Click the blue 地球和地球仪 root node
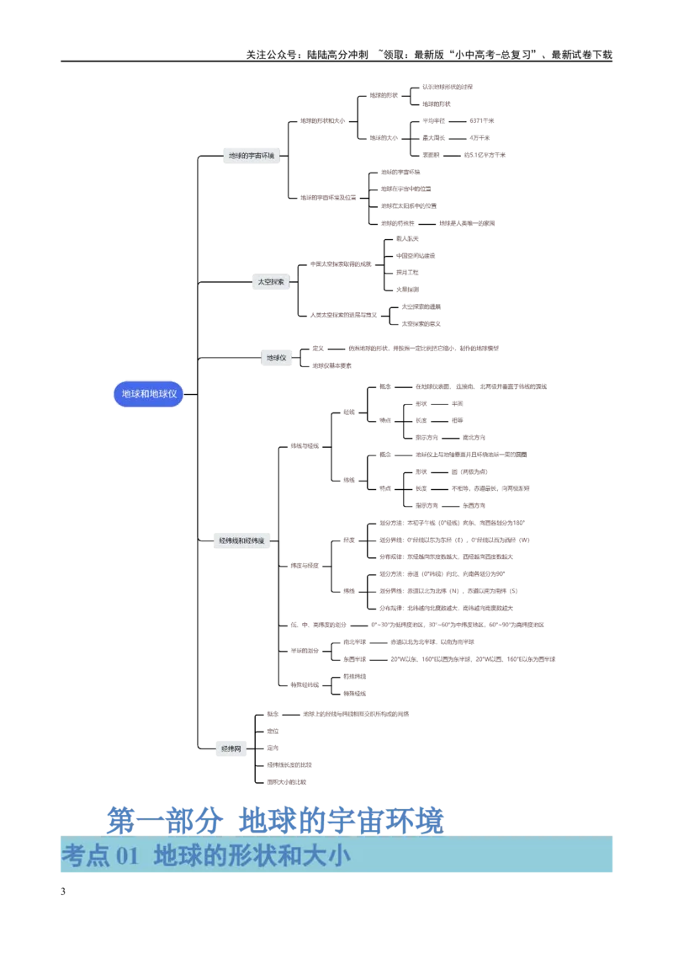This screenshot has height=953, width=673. [x=148, y=394]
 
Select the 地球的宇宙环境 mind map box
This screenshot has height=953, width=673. [x=252, y=156]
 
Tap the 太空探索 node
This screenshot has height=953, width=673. [x=271, y=282]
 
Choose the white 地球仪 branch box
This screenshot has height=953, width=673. [x=276, y=358]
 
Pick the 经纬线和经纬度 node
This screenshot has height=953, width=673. [x=241, y=540]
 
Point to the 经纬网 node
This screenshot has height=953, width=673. [x=231, y=748]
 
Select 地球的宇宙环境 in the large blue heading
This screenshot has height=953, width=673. [x=341, y=819]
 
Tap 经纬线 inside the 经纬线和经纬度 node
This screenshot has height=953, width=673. [x=227, y=540]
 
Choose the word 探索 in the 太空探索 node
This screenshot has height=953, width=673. [x=278, y=282]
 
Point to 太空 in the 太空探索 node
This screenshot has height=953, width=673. [x=263, y=282]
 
